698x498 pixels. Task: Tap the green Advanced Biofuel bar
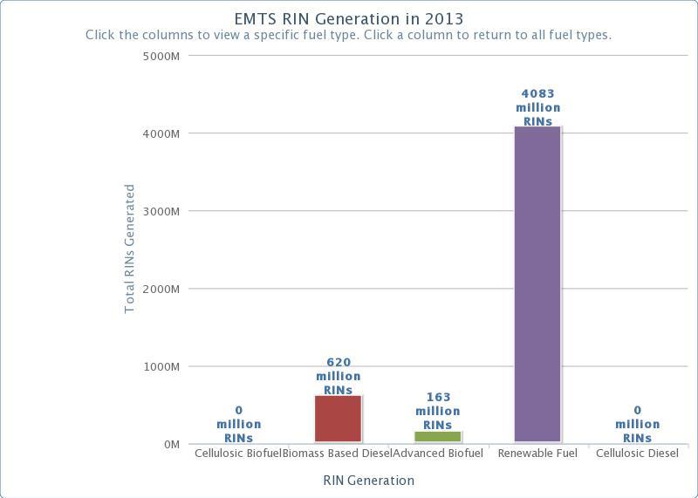(x=437, y=436)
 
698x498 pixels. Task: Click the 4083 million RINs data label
(x=537, y=107)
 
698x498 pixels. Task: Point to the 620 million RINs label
(x=338, y=376)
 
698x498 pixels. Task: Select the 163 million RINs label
(x=437, y=411)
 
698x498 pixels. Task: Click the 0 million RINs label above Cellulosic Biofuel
(x=238, y=424)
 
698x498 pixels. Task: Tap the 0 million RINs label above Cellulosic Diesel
(x=637, y=424)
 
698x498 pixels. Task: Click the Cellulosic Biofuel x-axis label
(x=237, y=454)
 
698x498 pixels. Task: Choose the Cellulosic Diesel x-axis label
(x=637, y=454)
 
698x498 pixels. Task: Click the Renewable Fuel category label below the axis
(x=537, y=454)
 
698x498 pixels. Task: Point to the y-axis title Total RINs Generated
(x=130, y=249)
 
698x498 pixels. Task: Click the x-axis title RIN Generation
(x=368, y=481)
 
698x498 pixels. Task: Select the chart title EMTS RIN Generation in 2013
(x=349, y=18)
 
